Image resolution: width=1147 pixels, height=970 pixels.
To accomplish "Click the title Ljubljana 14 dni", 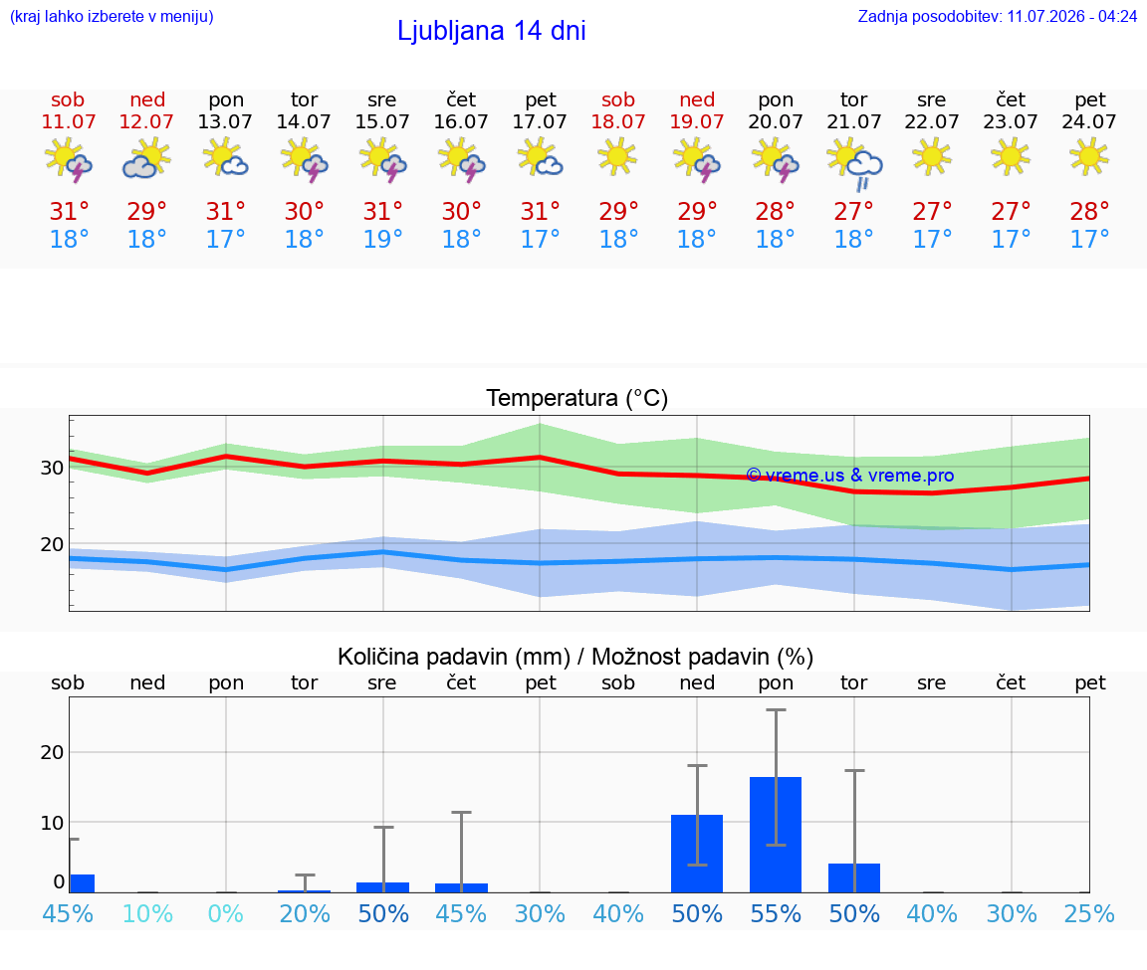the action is pos(491,31).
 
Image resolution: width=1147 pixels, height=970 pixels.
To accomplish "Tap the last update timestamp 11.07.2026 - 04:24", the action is pos(1071,16).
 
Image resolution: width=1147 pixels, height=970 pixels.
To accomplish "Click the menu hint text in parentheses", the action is pos(112,17).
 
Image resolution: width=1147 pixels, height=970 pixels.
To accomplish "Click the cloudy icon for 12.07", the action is pos(146,158).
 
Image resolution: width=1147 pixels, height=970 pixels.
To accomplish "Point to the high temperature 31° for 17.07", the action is pos(540,211).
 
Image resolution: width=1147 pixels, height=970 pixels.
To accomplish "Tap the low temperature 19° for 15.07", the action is pos(382,239).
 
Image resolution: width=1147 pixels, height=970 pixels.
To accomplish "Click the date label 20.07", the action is pos(776,121).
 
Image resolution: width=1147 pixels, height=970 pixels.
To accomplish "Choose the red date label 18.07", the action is pos(618,121).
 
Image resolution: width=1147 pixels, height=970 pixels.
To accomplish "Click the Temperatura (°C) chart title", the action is pos(577,398).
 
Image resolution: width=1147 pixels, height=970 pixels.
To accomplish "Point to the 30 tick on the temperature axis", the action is pos(52,468).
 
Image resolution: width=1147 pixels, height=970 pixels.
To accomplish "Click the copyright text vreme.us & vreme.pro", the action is pos(850,476).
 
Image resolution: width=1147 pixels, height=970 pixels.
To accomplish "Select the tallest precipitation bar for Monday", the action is pos(776,835).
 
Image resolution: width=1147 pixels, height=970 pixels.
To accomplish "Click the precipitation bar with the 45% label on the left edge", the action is pos(82,883).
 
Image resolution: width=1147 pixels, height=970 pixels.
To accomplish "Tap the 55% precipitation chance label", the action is pos(776,913).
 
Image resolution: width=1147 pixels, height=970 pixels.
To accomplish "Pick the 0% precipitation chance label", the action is pos(225,913).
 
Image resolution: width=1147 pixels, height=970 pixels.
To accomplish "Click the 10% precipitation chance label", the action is pos(147,913).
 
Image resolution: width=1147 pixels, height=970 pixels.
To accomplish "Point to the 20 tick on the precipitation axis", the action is pos(52,752).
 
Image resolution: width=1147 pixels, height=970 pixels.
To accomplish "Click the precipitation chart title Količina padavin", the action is pos(454,657).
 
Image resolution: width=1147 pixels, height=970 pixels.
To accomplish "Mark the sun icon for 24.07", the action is pos(1089,156).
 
